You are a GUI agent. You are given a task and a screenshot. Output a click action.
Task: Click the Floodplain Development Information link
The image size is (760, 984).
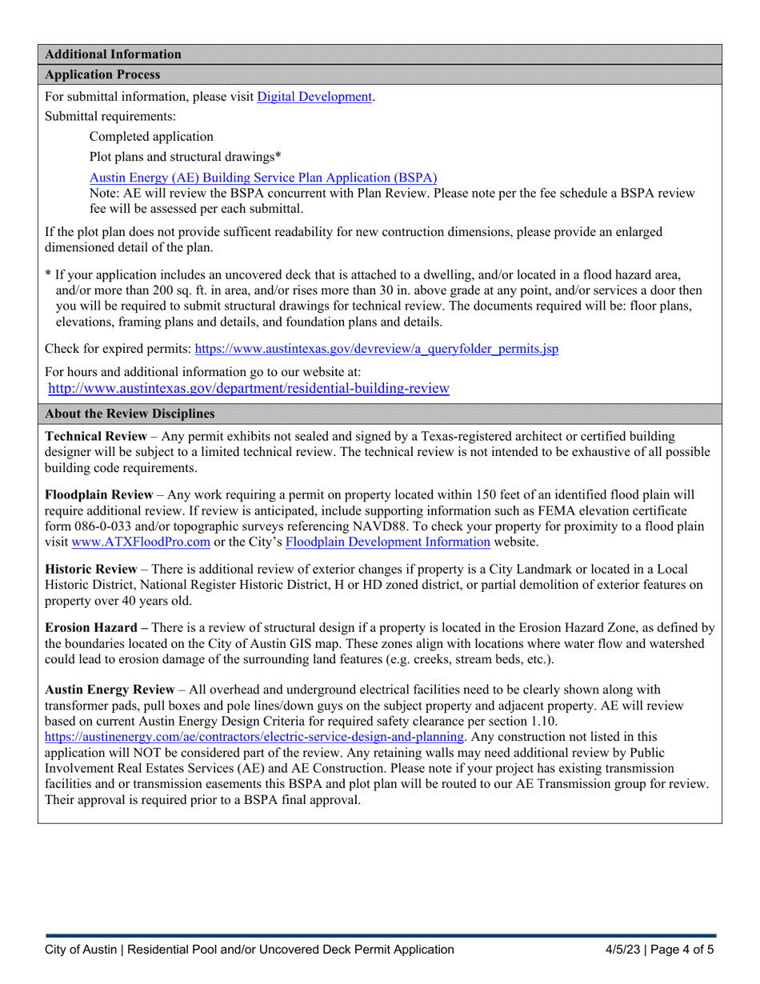tap(387, 542)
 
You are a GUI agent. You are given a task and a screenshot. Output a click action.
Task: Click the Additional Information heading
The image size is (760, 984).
tap(113, 54)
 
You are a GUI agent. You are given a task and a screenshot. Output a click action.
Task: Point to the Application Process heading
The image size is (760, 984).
tap(103, 74)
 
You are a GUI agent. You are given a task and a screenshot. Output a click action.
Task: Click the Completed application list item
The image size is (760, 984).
tap(151, 136)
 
